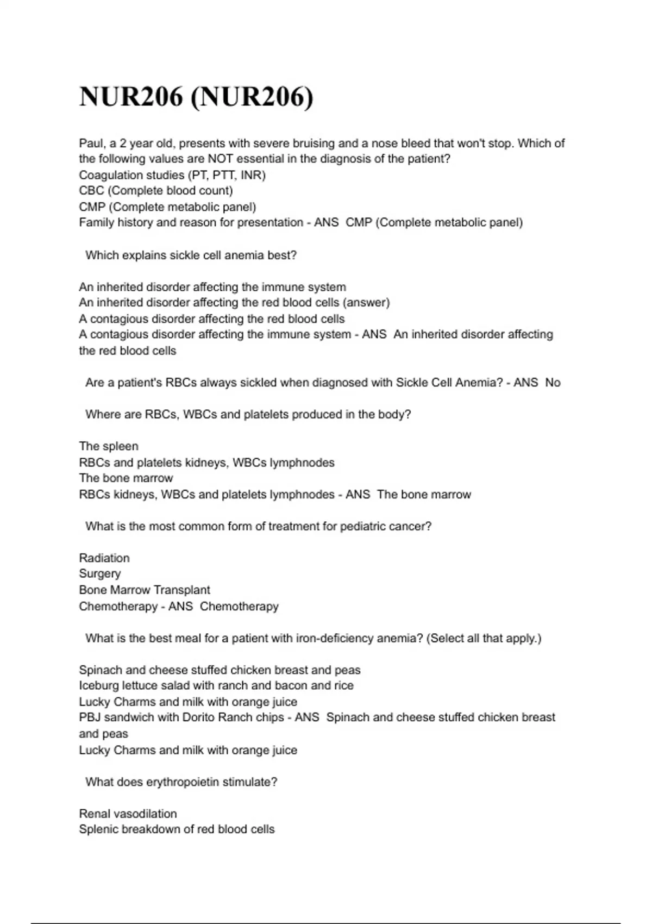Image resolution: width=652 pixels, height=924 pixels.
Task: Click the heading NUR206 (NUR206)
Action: tap(196, 97)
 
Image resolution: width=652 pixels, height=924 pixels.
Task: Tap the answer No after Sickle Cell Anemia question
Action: tap(553, 383)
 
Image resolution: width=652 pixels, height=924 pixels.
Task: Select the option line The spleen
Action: tap(109, 446)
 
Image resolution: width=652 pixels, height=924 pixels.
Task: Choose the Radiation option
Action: tap(104, 558)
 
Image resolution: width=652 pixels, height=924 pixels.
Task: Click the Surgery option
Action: tap(100, 574)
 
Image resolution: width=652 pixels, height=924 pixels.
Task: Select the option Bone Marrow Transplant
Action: tap(145, 590)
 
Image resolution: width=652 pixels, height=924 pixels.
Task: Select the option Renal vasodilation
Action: tap(128, 814)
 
